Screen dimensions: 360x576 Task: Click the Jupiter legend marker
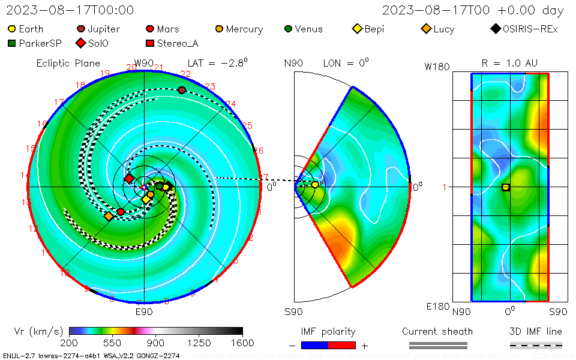point(81,28)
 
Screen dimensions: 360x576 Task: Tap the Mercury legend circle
point(220,28)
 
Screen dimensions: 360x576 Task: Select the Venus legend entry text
point(308,29)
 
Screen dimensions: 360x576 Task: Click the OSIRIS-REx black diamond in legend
point(495,28)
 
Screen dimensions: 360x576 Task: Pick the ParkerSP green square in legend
point(12,43)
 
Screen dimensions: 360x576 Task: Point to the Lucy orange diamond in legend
point(426,28)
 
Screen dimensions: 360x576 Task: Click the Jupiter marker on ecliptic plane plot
point(182,90)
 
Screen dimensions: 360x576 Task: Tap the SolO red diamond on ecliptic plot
point(129,178)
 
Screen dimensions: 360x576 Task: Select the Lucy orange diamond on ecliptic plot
point(109,216)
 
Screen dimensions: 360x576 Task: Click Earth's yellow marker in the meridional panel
point(315,185)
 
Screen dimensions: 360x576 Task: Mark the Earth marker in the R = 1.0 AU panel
point(505,187)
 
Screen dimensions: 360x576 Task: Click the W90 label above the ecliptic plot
point(144,63)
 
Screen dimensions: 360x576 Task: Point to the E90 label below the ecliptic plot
point(144,311)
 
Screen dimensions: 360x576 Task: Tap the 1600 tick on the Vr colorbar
point(242,343)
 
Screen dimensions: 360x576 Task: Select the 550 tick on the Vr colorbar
point(113,343)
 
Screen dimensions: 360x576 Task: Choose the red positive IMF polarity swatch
point(342,345)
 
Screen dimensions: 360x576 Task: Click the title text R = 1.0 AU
point(509,63)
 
